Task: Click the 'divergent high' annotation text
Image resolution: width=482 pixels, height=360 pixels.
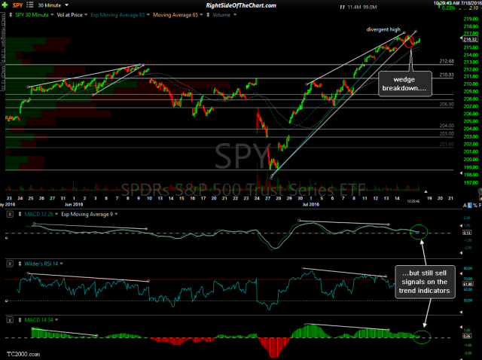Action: pos(383,29)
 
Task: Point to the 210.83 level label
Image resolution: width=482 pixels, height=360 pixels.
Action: pos(425,75)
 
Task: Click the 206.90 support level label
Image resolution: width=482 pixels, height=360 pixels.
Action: pos(425,104)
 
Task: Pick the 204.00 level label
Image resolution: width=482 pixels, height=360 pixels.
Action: pos(425,126)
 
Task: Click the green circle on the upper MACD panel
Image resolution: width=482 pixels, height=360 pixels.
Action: pos(417,231)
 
